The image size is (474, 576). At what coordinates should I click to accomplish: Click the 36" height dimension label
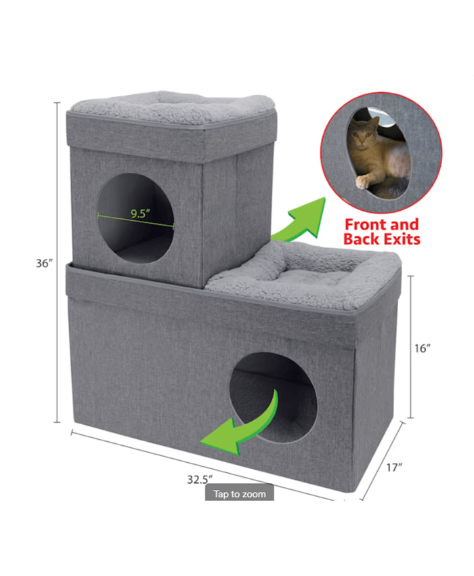tap(44, 263)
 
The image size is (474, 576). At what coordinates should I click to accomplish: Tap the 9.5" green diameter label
tap(140, 213)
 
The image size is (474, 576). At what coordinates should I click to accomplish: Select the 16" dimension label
tap(423, 348)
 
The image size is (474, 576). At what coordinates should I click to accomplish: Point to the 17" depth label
tap(394, 468)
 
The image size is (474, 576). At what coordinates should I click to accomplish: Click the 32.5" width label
tap(200, 479)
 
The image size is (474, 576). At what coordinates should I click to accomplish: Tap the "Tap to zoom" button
tap(240, 494)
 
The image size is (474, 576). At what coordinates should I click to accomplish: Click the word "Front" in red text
tap(362, 224)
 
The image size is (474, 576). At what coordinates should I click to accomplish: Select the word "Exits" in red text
tap(401, 239)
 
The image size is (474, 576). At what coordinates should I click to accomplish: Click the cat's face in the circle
tap(362, 133)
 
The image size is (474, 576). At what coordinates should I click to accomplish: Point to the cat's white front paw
tap(362, 182)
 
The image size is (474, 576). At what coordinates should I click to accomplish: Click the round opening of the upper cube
tap(135, 218)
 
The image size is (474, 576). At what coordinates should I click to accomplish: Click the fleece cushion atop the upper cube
tap(173, 107)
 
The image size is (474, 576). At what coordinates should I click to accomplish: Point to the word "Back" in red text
tap(362, 239)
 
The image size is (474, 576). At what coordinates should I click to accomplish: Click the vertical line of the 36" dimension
tap(58, 262)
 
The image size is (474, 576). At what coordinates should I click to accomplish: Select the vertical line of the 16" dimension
tap(411, 347)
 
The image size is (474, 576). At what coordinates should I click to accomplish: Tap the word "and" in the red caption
tap(402, 224)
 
